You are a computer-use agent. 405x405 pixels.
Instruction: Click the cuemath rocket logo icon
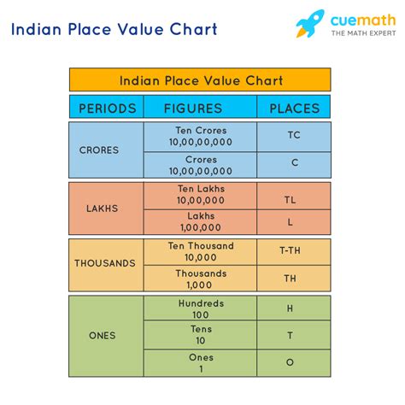point(310,24)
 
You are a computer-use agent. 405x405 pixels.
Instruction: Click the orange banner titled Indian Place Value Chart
point(201,80)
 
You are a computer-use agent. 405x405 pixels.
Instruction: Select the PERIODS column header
point(107,109)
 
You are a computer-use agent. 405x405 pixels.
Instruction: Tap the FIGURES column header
point(199,109)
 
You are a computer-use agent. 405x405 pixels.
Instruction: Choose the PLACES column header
point(294,109)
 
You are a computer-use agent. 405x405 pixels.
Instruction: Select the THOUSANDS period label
point(105,263)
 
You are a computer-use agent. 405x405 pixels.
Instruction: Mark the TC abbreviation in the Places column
point(293,135)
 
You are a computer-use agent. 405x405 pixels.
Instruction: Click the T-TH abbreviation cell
point(293,251)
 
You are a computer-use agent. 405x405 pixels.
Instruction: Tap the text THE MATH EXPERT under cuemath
point(358,33)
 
